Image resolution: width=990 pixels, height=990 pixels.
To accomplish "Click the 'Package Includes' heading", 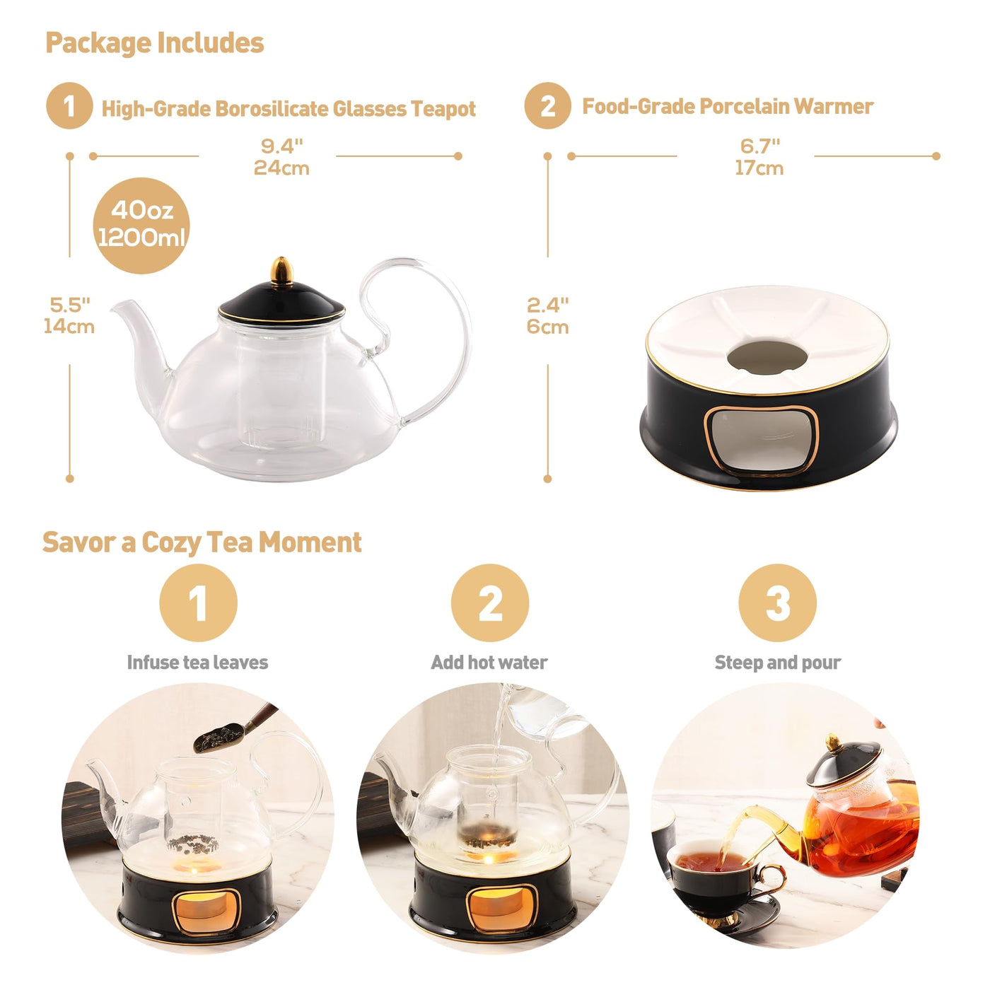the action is click(x=155, y=43).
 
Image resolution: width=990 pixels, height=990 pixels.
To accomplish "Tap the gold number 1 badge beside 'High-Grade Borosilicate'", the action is click(x=69, y=106).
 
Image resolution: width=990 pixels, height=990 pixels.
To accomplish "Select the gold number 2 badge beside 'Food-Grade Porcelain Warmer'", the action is click(x=547, y=106).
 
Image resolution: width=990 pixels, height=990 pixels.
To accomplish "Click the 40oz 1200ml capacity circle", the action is click(x=141, y=226).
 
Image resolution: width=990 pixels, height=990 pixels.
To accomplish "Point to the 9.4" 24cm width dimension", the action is click(x=281, y=157).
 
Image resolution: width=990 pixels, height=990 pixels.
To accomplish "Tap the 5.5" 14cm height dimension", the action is click(x=69, y=315).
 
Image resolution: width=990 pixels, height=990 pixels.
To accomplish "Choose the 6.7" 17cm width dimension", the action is click(x=759, y=157).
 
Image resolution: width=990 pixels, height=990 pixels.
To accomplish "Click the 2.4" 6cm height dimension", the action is click(x=547, y=315).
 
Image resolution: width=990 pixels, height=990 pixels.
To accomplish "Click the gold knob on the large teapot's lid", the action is click(x=281, y=271).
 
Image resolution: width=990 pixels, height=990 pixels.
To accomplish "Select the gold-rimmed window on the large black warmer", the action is click(x=760, y=441).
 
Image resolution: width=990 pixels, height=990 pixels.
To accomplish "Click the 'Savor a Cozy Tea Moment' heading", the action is click(x=202, y=542).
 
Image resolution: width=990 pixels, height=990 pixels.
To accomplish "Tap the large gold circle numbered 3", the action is click(x=777, y=602).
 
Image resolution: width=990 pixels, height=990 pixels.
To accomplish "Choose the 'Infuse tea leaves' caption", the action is click(x=197, y=663).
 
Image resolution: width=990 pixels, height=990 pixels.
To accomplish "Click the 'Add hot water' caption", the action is click(x=489, y=663).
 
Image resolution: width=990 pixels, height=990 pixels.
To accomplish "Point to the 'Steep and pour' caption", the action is click(x=777, y=663).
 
